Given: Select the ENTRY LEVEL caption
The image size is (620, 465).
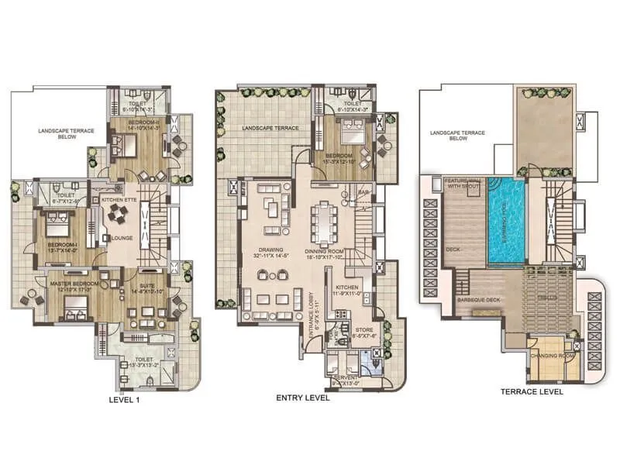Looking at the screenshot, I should [303, 398].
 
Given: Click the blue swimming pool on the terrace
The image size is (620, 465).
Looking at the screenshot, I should [505, 220].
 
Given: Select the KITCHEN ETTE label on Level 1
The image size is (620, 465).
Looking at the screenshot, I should [119, 199].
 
